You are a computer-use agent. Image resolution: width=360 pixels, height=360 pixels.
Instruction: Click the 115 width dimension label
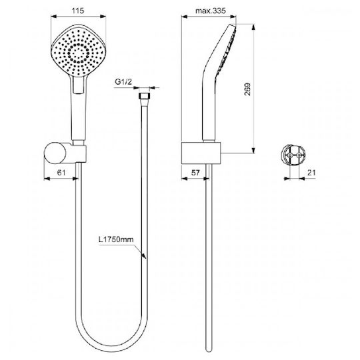pos(78,11)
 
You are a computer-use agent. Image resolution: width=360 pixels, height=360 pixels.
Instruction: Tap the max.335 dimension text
pos(211,11)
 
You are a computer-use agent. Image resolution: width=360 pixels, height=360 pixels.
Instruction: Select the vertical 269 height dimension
pos(247,89)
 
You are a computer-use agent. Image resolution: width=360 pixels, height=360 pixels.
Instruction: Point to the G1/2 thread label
pos(123,81)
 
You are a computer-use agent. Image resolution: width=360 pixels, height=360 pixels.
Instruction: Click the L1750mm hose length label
pos(116,239)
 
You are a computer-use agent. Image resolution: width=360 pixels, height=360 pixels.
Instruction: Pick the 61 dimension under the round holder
pos(61,172)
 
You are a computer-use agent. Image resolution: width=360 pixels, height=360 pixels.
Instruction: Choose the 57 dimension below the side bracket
pos(195,173)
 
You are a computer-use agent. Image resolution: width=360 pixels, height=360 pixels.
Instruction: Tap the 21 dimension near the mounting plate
pos(311,173)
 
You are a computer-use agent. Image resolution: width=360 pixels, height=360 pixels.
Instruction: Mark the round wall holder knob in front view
pos(55,153)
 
